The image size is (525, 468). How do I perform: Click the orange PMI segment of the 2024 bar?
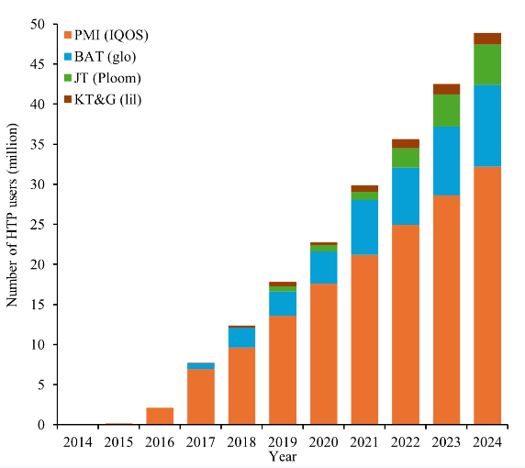[x=487, y=295]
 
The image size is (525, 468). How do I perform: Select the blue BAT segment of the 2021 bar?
[x=364, y=228]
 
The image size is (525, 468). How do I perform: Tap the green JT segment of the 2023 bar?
[x=446, y=110]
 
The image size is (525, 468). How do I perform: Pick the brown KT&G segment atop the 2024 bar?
[x=487, y=39]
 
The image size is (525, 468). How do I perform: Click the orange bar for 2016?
[x=160, y=416]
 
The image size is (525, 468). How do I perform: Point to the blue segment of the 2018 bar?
[x=241, y=338]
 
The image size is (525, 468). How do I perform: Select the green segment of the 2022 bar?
[x=406, y=158]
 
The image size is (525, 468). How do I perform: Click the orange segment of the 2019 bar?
[x=283, y=370]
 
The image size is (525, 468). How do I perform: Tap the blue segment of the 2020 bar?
[x=324, y=267]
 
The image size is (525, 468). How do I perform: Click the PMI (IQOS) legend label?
[x=111, y=35]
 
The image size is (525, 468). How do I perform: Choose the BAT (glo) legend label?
[x=106, y=57]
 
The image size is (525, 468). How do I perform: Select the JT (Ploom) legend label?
[x=107, y=78]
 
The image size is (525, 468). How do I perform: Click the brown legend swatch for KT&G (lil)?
[x=68, y=99]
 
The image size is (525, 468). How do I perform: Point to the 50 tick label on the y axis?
[x=38, y=25]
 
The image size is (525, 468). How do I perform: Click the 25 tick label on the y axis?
[x=38, y=224]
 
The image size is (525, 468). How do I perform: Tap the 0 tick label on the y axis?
[x=41, y=425]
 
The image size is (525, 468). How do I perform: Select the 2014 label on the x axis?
[x=78, y=442]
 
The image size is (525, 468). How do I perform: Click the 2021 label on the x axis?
[x=364, y=442]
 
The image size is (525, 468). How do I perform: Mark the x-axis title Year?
[x=283, y=456]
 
